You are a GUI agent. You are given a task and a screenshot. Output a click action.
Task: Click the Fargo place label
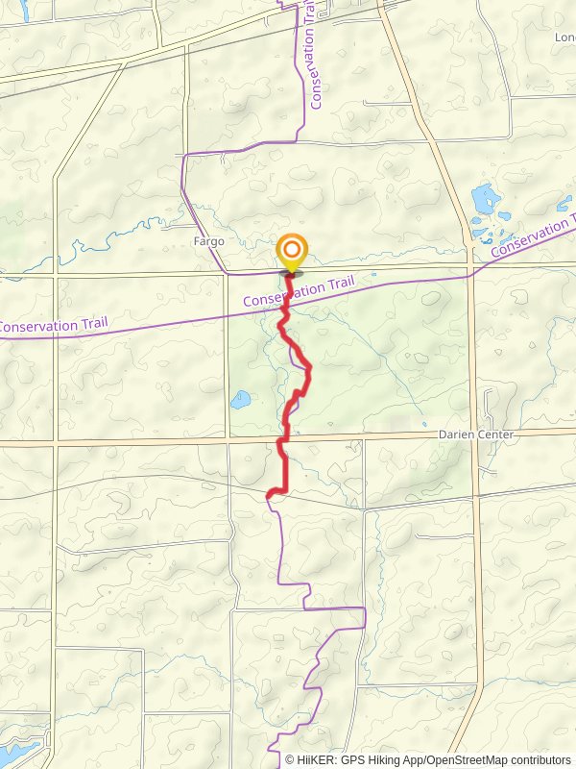208,241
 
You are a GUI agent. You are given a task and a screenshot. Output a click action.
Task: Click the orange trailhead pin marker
292,252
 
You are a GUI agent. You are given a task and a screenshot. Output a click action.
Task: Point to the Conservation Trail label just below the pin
299,292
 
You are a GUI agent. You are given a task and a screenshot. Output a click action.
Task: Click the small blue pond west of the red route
240,398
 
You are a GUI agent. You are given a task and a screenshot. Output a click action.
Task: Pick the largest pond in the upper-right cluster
485,201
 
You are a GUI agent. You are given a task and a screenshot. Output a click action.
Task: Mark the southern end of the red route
269,495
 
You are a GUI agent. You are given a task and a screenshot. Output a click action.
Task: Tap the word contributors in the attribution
540,759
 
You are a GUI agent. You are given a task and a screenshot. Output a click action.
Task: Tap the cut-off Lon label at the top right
564,37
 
